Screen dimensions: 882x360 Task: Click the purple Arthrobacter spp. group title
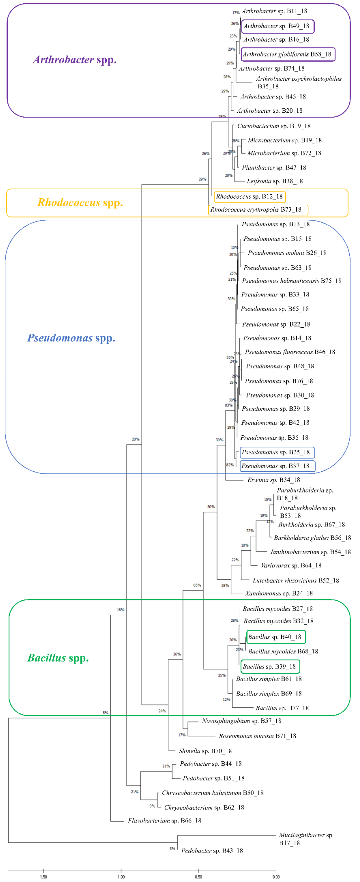point(75,60)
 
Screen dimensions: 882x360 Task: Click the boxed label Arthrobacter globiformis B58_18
point(287,54)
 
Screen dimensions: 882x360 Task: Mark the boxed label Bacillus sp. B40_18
point(275,637)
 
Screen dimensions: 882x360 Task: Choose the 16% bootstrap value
point(121,610)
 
